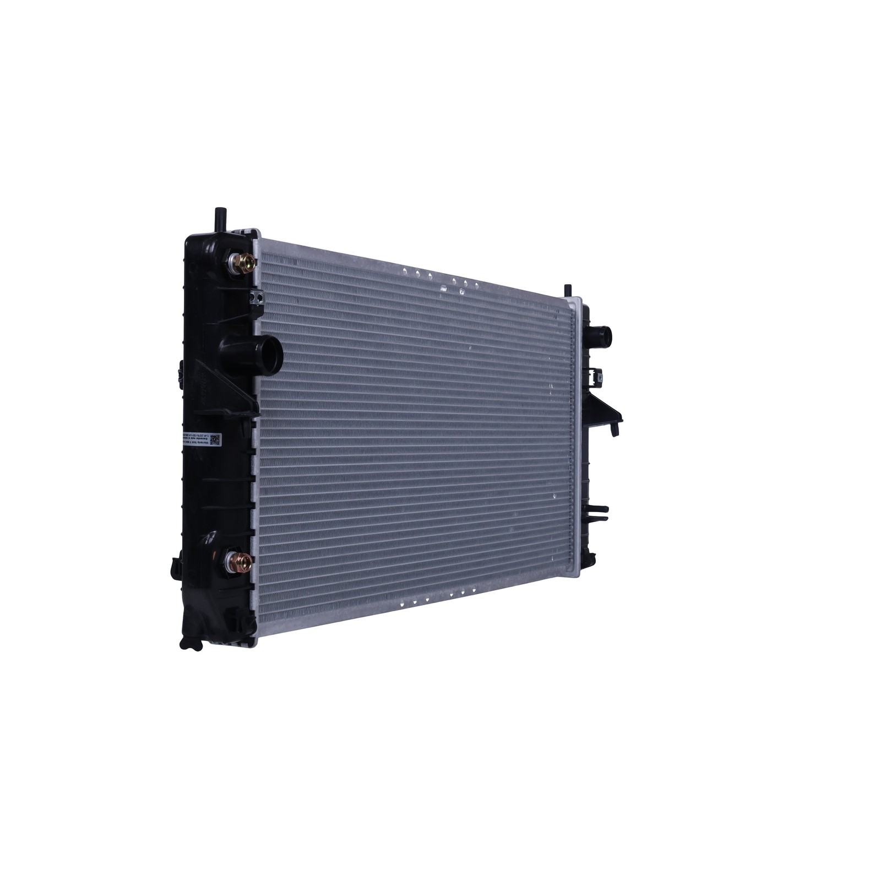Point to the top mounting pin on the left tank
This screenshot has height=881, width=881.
[217, 218]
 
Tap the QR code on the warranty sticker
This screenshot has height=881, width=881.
[215, 439]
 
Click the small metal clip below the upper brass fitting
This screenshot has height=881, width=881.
[255, 297]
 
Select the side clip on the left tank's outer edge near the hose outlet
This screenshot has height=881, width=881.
[182, 371]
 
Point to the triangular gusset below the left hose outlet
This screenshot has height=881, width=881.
[246, 385]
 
